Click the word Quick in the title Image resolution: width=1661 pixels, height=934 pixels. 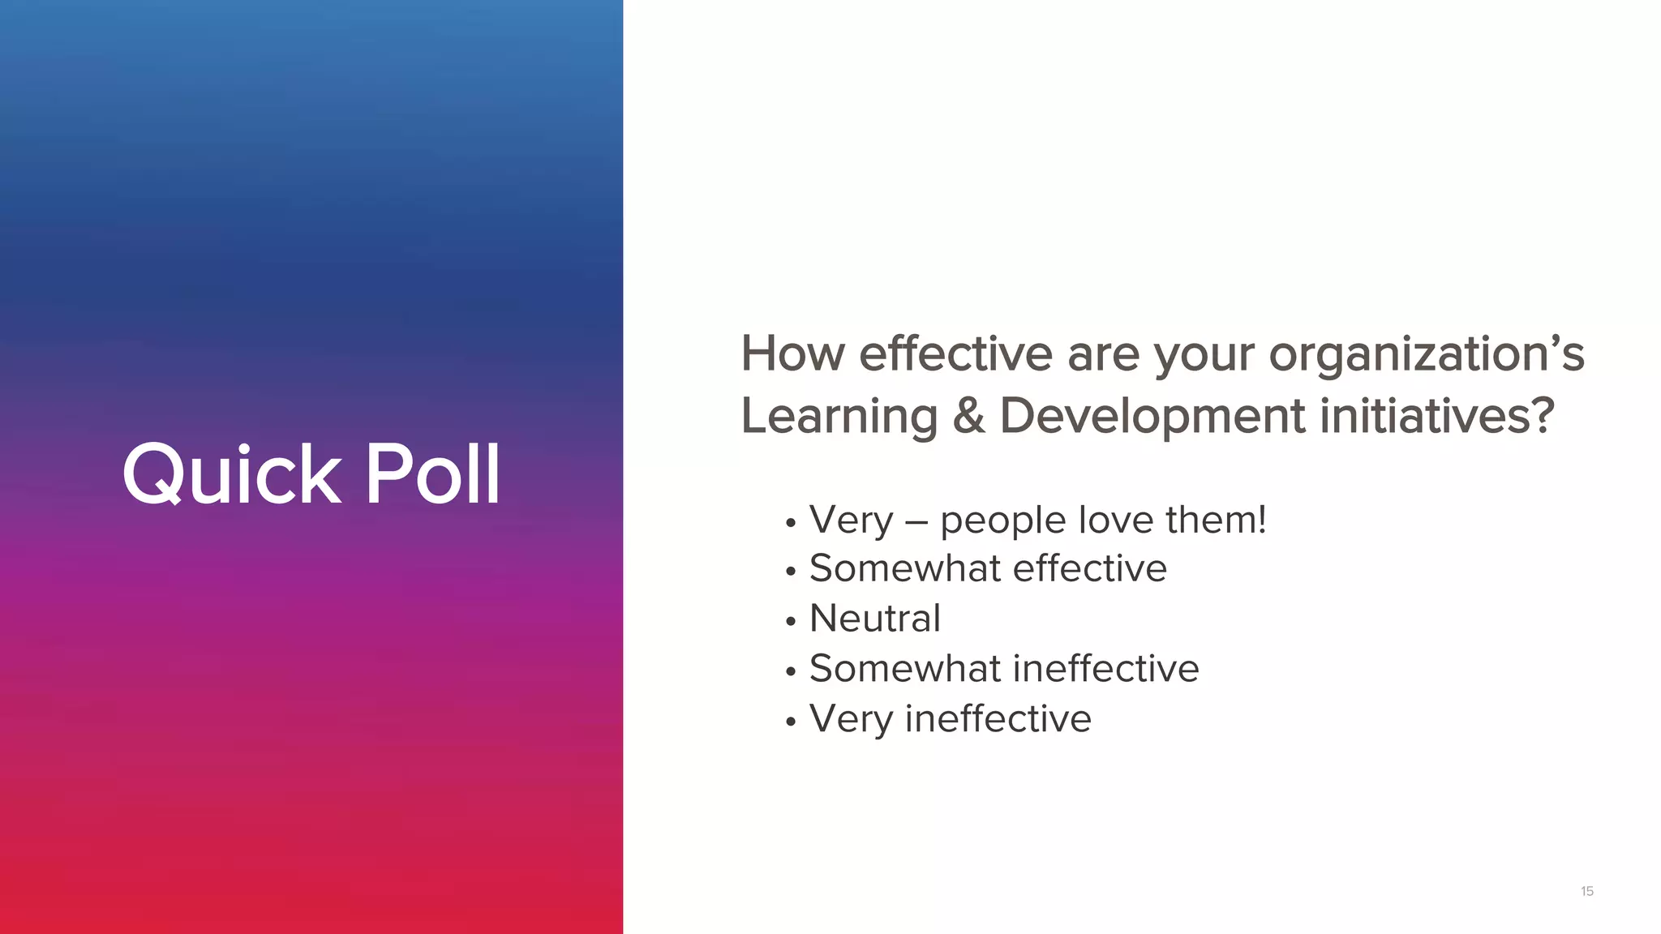coord(231,475)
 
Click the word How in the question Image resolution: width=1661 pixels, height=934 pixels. coord(792,354)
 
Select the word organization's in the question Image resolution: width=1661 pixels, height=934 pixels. coord(1426,354)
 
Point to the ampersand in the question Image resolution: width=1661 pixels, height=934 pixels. coord(968,416)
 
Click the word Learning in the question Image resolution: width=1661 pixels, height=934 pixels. coord(839,417)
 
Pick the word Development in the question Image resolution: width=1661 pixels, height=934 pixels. coord(1152,417)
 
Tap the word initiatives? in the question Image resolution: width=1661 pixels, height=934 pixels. coord(1437,416)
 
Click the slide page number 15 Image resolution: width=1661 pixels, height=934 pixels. coord(1587,891)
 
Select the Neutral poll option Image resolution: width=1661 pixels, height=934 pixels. coord(875,619)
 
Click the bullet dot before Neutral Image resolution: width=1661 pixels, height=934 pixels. coord(791,622)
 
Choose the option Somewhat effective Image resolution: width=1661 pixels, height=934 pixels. coord(988,568)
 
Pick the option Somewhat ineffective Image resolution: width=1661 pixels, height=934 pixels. coord(1004,669)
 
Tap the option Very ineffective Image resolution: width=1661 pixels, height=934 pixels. coord(951,719)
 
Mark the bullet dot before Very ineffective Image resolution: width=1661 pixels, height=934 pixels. coord(791,722)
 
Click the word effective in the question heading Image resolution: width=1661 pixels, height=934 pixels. coord(955,354)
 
